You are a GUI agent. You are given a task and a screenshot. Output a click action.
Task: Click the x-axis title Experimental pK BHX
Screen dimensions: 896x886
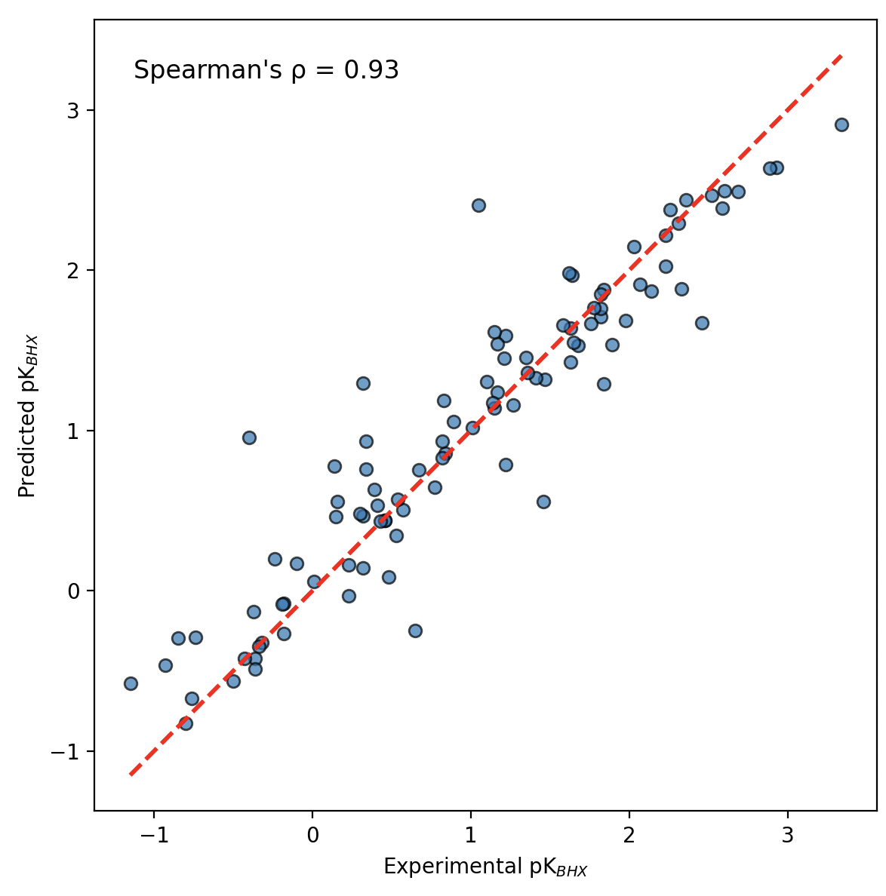pyautogui.click(x=485, y=867)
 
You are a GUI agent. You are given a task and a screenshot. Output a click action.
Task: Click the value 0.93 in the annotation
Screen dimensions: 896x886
pyautogui.click(x=371, y=70)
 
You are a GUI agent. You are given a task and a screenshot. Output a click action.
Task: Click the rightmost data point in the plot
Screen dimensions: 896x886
pyautogui.click(x=841, y=124)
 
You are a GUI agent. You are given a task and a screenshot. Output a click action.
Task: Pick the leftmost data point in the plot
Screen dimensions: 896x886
pyautogui.click(x=131, y=683)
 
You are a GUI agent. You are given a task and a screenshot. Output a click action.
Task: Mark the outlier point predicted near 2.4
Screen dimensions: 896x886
pyautogui.click(x=478, y=205)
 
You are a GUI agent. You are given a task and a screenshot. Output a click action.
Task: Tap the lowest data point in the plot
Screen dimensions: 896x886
pyautogui.click(x=186, y=723)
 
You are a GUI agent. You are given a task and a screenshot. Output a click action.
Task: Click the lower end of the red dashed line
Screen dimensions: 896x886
pyautogui.click(x=131, y=774)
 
